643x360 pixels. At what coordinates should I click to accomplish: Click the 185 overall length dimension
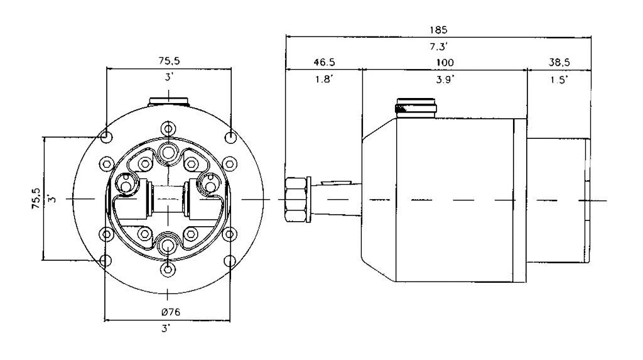438,30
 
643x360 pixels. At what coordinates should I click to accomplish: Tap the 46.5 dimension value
324,62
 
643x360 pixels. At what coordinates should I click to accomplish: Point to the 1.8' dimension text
324,79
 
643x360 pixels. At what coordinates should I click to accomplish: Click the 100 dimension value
445,63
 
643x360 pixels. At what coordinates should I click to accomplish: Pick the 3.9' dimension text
445,80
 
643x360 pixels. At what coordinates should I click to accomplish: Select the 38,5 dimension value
559,62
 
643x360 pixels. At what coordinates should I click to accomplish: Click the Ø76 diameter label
171,312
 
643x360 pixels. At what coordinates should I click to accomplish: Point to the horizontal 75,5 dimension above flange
170,61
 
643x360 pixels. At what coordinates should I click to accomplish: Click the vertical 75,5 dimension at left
36,199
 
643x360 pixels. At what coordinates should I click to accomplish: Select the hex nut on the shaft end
295,200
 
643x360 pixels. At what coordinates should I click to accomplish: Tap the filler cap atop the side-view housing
416,108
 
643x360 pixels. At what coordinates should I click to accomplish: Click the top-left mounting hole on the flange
107,136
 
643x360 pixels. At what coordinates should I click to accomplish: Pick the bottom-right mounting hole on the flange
230,261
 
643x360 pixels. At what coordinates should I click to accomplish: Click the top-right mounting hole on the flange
231,137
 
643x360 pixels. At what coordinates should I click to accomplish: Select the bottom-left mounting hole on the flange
105,260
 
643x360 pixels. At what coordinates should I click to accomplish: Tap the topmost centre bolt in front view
168,129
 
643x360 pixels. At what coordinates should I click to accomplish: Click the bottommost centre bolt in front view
168,270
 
